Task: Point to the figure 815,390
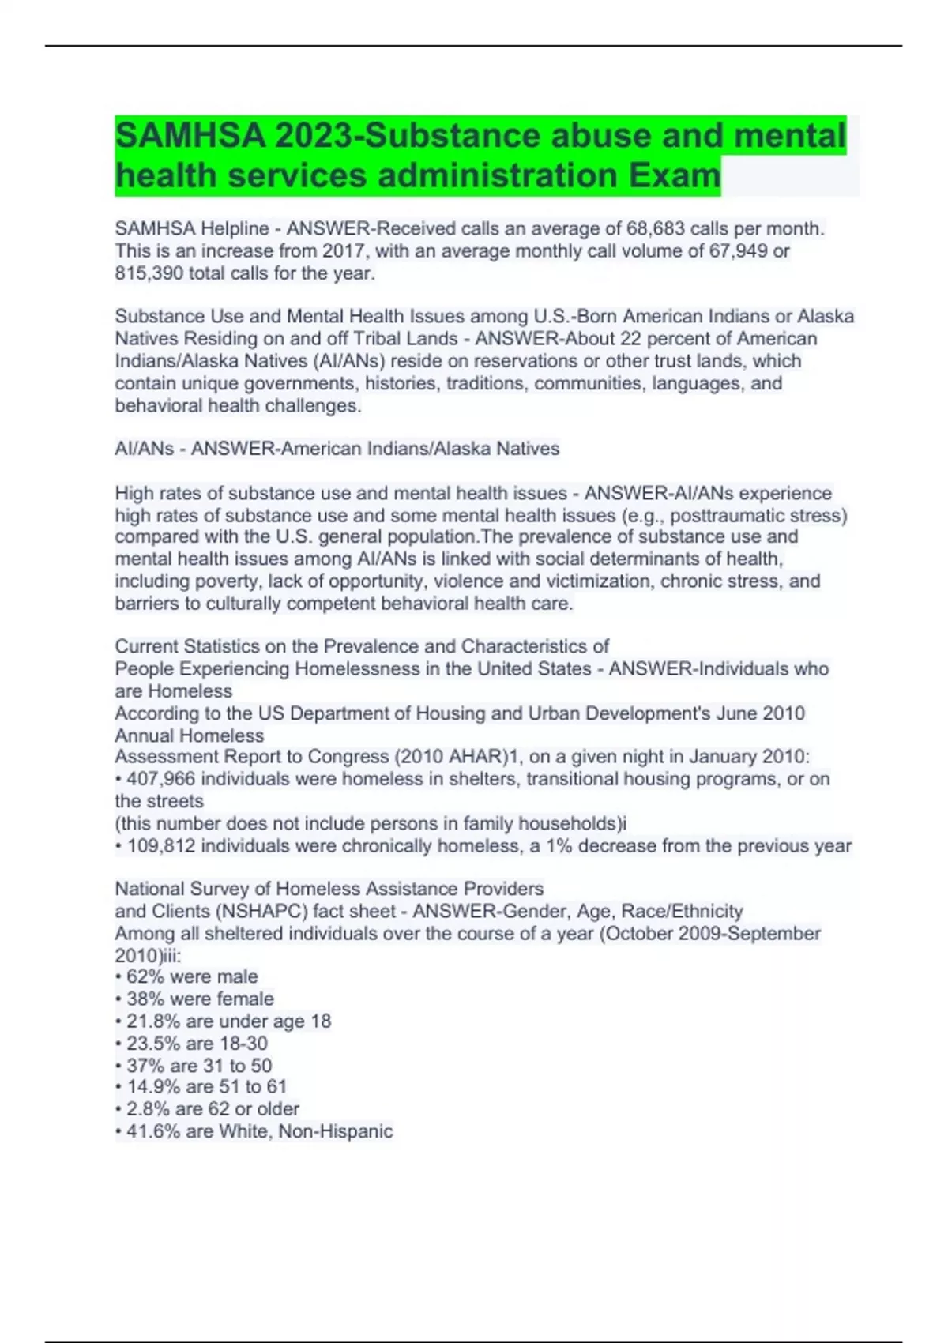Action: tap(149, 273)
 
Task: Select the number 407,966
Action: tap(163, 779)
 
